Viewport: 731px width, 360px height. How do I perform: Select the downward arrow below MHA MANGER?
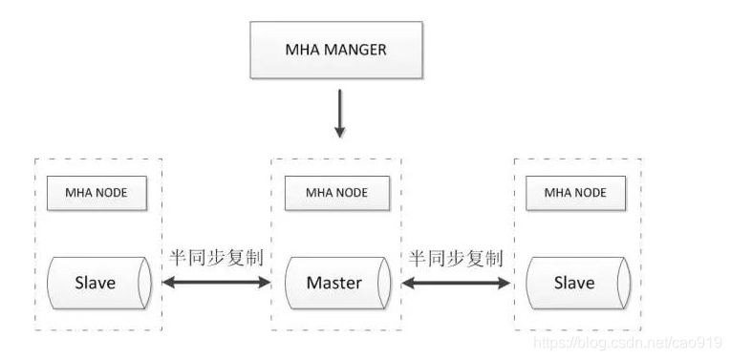(339, 113)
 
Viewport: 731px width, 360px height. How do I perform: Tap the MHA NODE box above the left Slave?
(98, 193)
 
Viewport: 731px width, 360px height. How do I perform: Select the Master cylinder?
(337, 283)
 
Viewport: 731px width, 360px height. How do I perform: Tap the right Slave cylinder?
(576, 283)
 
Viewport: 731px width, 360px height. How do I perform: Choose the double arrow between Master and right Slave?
(455, 283)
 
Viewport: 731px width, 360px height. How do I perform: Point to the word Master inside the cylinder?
(333, 283)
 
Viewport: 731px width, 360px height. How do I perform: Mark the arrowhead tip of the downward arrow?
(339, 134)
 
